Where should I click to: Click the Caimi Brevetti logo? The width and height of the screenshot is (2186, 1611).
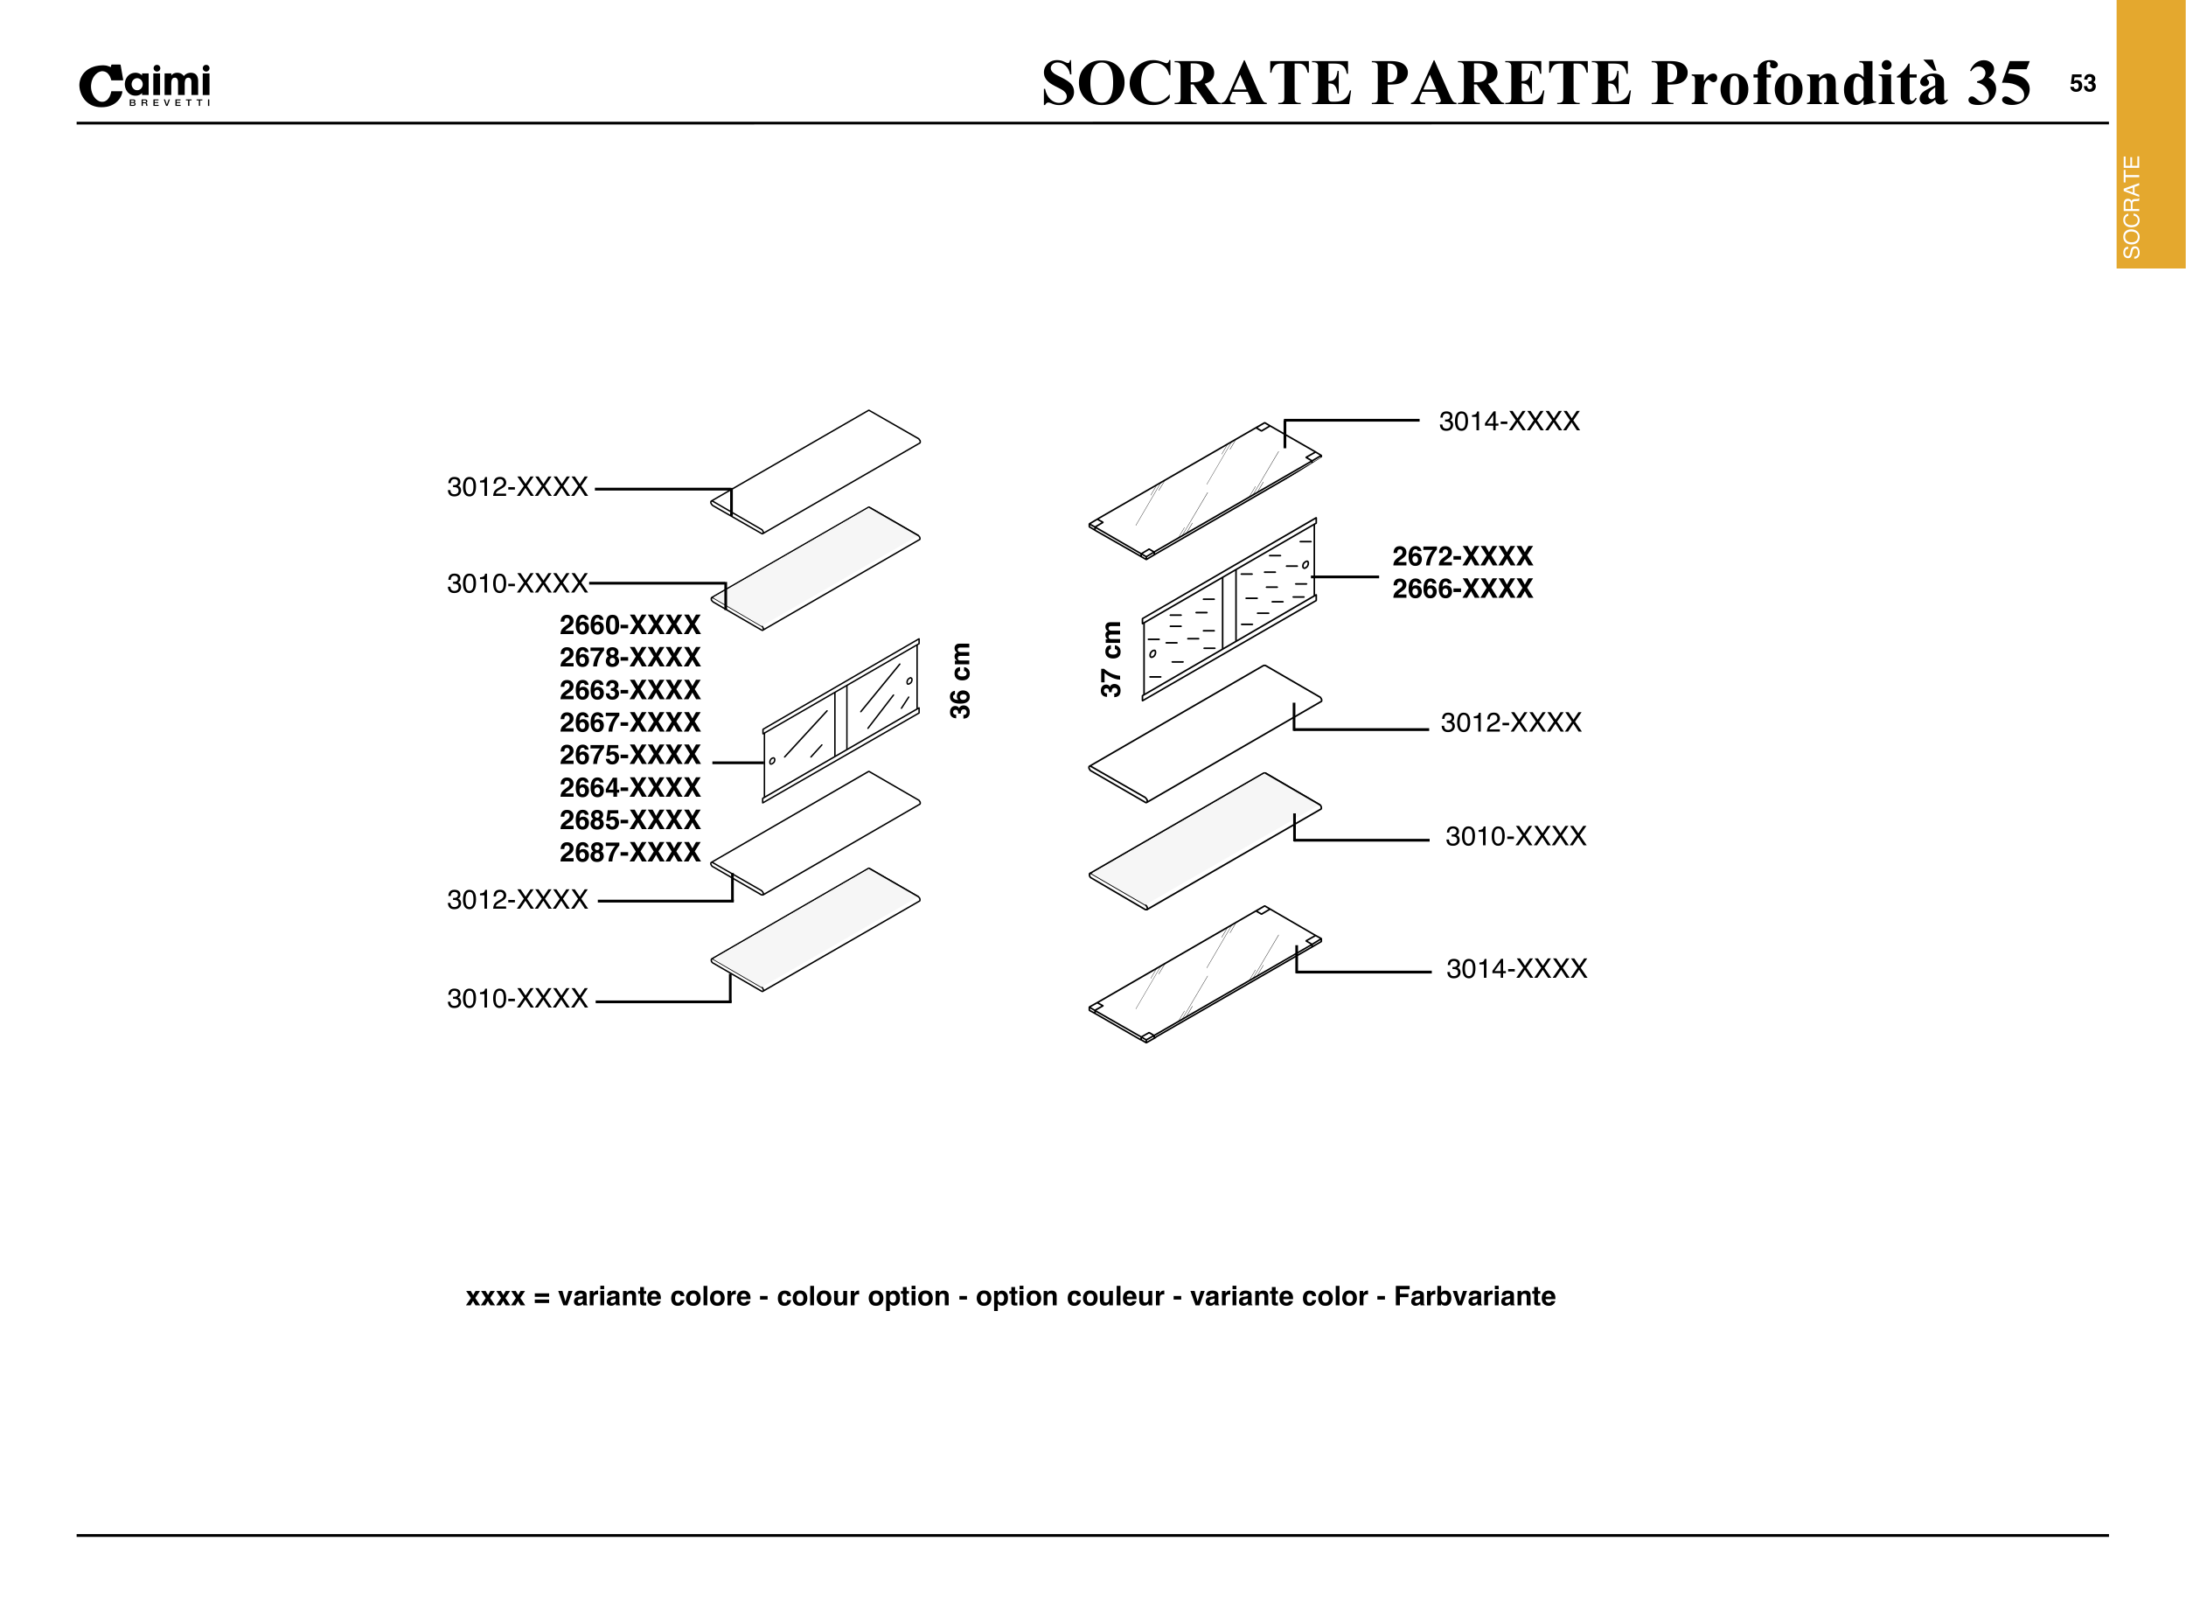(x=144, y=86)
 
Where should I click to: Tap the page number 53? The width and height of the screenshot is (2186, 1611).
(x=2082, y=84)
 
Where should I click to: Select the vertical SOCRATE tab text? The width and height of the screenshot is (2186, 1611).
(x=2132, y=206)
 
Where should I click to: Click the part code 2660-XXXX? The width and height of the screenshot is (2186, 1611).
(x=629, y=625)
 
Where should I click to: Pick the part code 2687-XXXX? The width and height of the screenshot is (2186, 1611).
(x=629, y=853)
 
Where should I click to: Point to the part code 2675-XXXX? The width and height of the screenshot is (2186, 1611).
(x=629, y=755)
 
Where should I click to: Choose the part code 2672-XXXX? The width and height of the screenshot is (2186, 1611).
(x=1461, y=556)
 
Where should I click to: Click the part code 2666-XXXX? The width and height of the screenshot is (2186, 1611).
(x=1461, y=589)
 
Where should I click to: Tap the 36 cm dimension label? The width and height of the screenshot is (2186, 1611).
(x=960, y=680)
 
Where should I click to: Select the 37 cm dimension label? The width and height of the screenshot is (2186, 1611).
(x=1110, y=659)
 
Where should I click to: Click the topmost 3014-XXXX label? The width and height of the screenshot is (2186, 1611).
(x=1508, y=422)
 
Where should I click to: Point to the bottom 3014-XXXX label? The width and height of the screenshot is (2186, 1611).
(x=1516, y=968)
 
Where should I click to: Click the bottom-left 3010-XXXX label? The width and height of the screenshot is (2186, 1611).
(x=517, y=999)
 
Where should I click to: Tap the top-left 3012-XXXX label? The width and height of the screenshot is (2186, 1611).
(x=517, y=486)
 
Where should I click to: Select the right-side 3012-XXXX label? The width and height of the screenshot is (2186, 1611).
(x=1510, y=722)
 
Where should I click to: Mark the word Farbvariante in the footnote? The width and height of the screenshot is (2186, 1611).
(x=1474, y=1296)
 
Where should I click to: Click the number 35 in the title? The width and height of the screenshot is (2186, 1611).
(x=1998, y=83)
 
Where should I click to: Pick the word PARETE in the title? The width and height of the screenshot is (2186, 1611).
(x=1500, y=83)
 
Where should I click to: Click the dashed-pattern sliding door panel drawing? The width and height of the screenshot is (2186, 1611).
(x=1229, y=610)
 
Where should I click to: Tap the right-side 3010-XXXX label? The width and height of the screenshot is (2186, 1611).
(x=1515, y=836)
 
